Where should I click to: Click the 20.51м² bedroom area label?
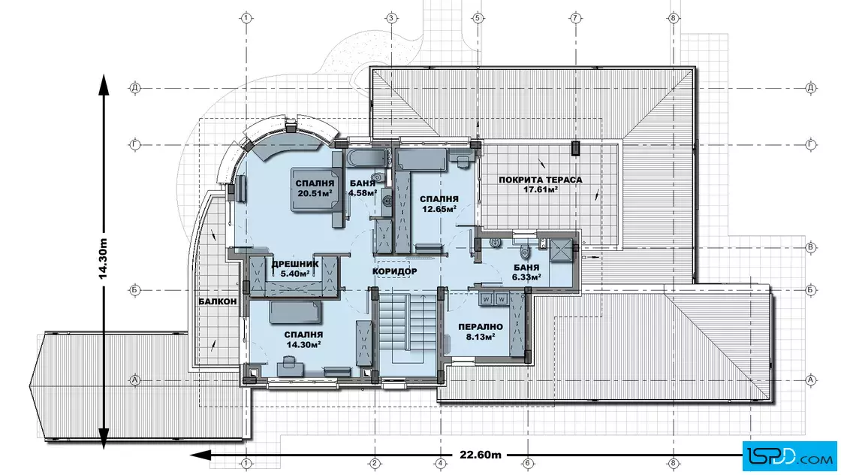tap(315, 193)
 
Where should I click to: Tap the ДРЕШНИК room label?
tap(295, 264)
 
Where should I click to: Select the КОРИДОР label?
tap(395, 271)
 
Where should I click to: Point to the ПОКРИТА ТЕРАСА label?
tap(540, 180)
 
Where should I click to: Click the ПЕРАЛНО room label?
tap(481, 327)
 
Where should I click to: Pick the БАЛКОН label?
tap(217, 301)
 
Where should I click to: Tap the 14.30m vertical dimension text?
tap(103, 259)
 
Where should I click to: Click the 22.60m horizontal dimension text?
tap(481, 455)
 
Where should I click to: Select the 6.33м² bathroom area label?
tap(526, 277)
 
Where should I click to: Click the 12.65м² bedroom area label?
tap(439, 208)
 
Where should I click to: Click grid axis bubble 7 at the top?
tap(575, 18)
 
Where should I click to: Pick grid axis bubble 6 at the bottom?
tap(526, 463)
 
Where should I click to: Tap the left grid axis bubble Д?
tap(134, 87)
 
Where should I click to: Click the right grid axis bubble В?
tap(811, 247)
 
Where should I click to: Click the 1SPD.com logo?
tap(789, 457)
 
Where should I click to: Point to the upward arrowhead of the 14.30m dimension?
tap(103, 86)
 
